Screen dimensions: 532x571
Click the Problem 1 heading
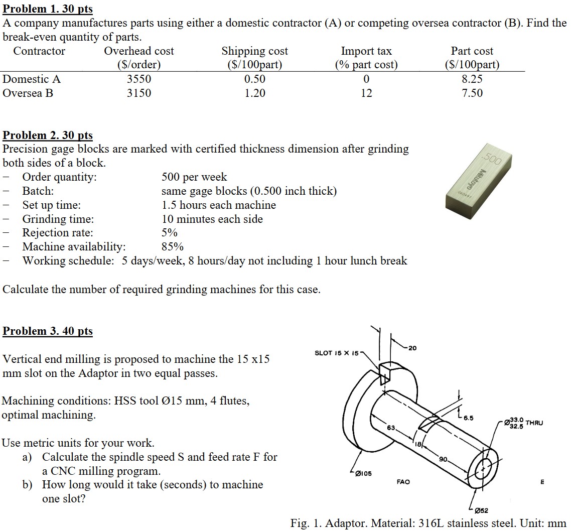(48, 9)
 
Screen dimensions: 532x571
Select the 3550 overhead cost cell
(139, 79)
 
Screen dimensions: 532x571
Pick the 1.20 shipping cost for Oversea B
(255, 93)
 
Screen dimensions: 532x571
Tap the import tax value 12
(366, 93)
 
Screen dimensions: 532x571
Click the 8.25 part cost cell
(472, 79)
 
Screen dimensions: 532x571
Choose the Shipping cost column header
(255, 51)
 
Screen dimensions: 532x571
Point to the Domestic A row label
(32, 79)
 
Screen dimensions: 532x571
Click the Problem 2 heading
(48, 136)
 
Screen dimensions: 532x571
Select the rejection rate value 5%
(170, 233)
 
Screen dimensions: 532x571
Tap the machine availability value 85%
(173, 247)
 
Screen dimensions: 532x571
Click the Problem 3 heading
(48, 331)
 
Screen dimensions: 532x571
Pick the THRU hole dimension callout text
(533, 423)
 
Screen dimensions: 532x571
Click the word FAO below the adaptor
(403, 482)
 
